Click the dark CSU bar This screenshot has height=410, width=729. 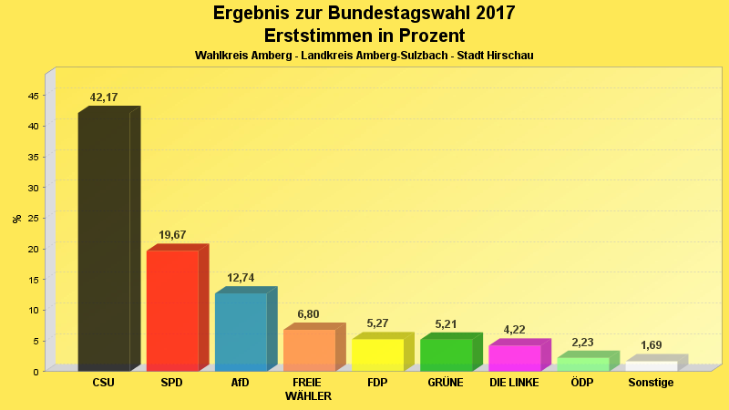point(104,241)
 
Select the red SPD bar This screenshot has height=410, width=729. point(172,310)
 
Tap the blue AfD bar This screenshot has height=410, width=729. point(241,332)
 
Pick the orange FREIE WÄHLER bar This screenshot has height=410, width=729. point(309,350)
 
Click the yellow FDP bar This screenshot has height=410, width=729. point(377,354)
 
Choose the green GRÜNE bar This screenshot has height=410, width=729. point(446,354)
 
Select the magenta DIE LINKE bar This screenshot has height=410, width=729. point(514,358)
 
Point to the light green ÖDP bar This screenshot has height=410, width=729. point(582,364)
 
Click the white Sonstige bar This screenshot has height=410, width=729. point(651,365)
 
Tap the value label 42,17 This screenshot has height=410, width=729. point(104,97)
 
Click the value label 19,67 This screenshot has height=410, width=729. point(172,235)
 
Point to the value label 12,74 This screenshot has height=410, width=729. point(241,278)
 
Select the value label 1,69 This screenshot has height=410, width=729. point(651,345)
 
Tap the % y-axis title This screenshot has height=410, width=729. point(17,219)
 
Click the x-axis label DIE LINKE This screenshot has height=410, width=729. point(514,383)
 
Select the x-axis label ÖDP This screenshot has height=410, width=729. point(582,383)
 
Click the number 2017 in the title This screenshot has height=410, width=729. point(492,13)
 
